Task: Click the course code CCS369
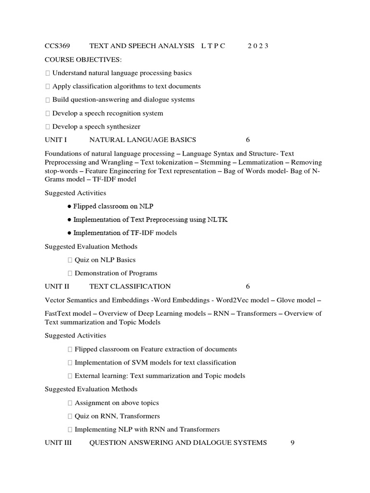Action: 57,46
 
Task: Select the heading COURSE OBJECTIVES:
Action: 83,60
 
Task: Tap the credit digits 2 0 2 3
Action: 258,46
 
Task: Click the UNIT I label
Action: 55,140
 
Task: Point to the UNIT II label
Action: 57,286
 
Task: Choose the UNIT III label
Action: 58,442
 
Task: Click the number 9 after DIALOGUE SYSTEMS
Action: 292,442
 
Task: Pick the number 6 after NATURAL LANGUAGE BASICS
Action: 248,140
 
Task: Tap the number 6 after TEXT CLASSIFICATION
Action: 248,286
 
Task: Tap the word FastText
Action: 57,313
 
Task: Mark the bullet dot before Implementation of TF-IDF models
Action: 70,233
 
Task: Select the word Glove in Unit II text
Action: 286,300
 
